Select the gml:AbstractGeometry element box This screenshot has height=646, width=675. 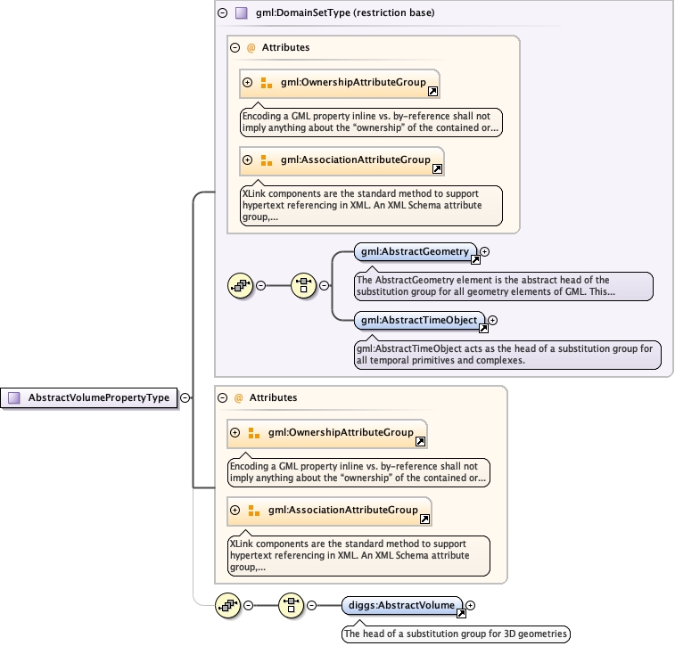(x=415, y=252)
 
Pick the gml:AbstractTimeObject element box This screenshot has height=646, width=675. (x=420, y=320)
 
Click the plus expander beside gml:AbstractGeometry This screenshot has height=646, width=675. (x=485, y=252)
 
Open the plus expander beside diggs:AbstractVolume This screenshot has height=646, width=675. (x=471, y=606)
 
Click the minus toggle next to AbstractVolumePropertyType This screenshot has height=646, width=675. (x=185, y=398)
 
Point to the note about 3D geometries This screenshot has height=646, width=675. (x=456, y=634)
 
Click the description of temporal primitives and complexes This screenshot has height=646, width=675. (x=507, y=355)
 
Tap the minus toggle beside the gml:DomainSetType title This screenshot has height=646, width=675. (x=222, y=13)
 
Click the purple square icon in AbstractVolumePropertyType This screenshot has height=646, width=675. (x=14, y=398)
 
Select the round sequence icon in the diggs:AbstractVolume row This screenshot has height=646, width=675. (x=229, y=606)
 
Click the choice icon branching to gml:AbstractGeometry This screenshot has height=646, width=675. (x=304, y=285)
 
